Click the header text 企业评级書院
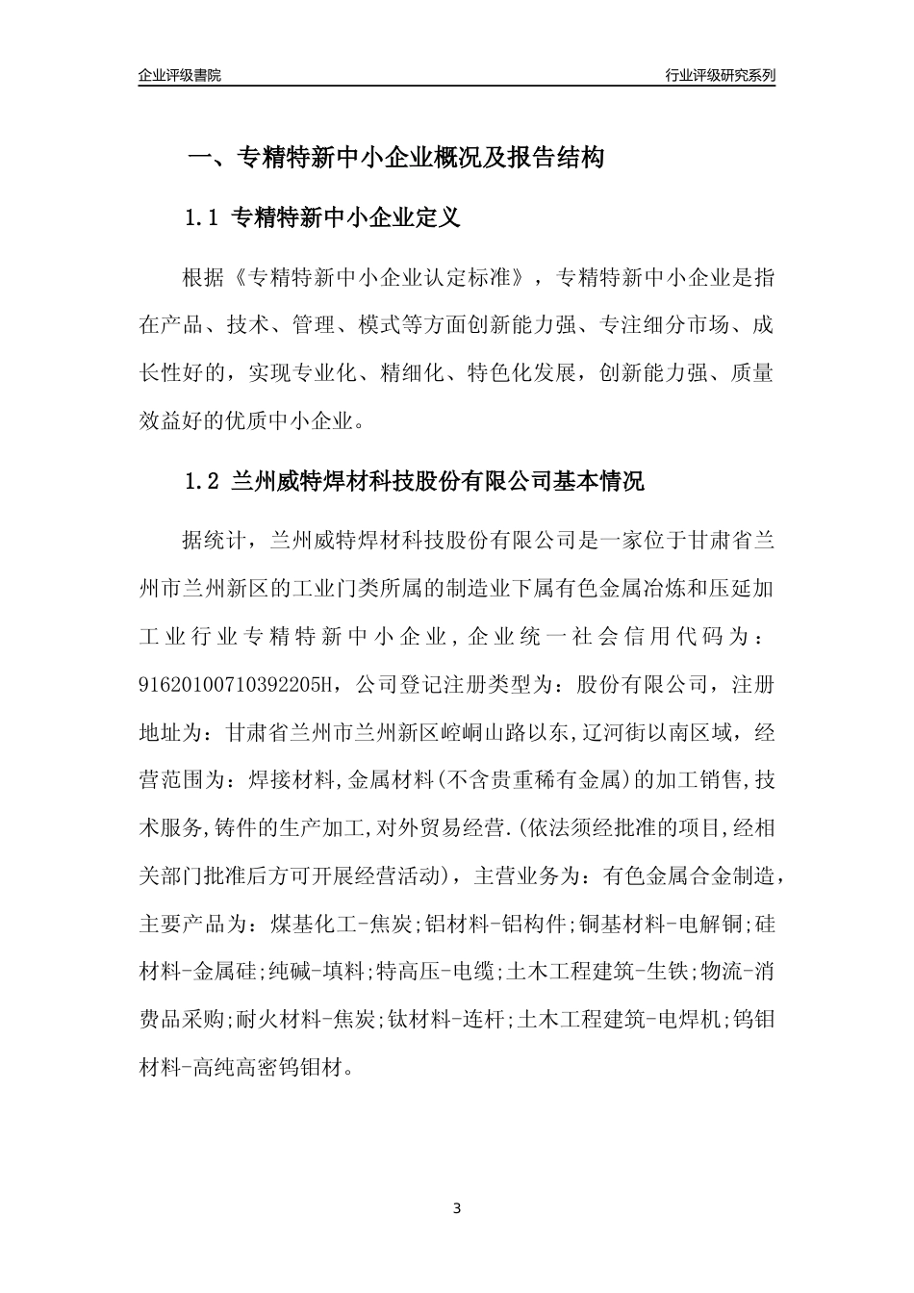[x=180, y=75]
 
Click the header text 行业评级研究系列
[x=720, y=75]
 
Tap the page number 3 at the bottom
[x=457, y=1207]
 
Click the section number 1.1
[x=202, y=218]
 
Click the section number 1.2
[x=202, y=481]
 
